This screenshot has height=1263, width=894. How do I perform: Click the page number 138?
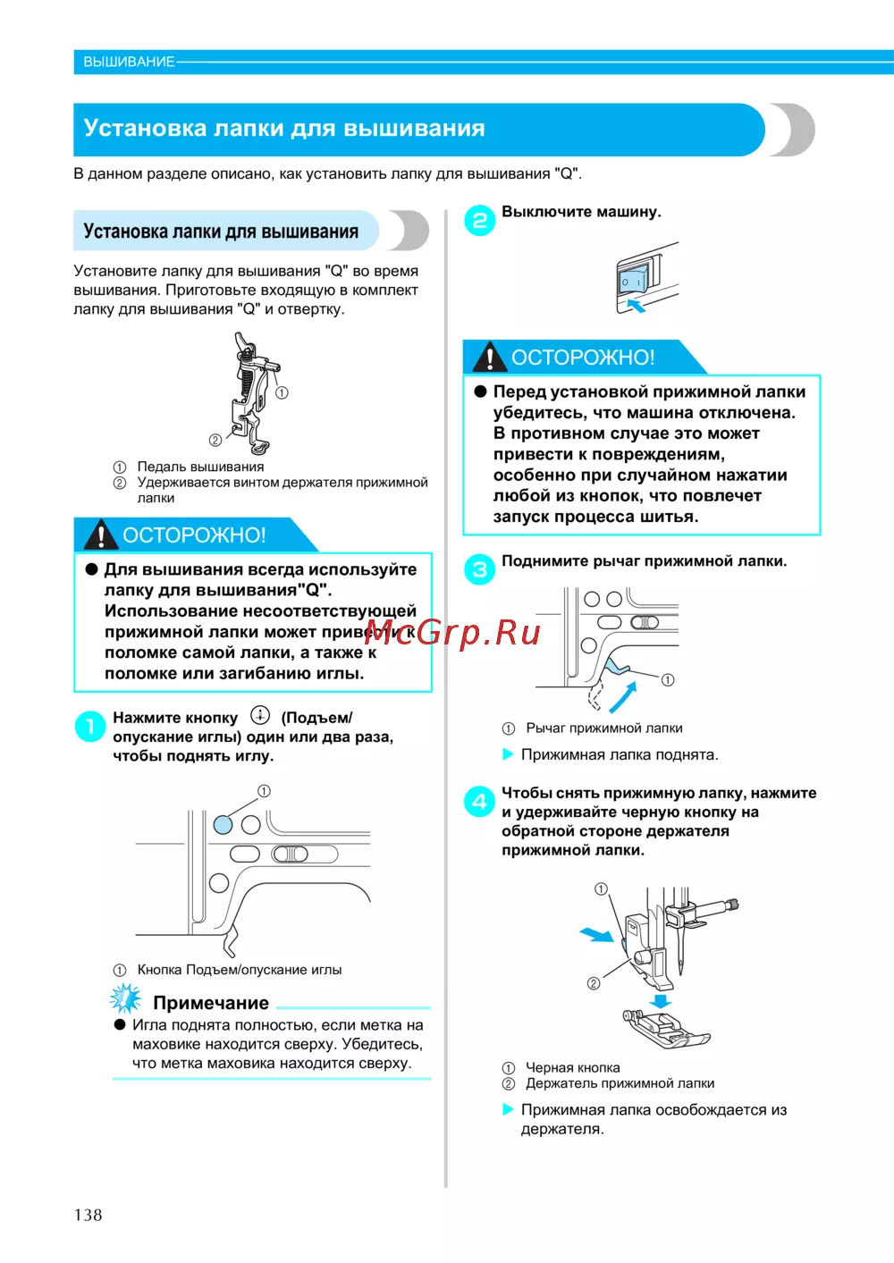tap(88, 1215)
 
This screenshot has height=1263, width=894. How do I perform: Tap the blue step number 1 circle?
tap(90, 727)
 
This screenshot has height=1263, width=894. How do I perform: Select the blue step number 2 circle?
tap(479, 221)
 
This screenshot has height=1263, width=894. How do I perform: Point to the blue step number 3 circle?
tap(479, 569)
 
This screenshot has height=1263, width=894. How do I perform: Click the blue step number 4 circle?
tap(479, 801)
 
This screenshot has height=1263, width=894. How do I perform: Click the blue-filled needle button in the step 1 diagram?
tap(223, 824)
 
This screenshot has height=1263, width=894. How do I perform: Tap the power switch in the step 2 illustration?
tap(633, 282)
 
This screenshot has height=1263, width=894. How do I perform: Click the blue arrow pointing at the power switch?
tap(635, 307)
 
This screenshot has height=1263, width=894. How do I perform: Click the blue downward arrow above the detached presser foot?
tap(660, 999)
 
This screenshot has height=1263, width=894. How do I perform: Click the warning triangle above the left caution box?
tap(100, 535)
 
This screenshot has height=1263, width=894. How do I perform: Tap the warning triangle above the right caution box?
tap(489, 357)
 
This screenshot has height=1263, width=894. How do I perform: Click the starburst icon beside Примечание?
tap(125, 998)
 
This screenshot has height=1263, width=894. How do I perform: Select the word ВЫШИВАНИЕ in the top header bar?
tap(129, 62)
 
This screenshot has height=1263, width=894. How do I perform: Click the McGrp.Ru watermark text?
tap(452, 633)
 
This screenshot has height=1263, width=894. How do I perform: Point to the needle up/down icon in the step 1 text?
tap(259, 715)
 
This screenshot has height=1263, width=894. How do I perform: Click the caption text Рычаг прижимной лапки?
tap(603, 728)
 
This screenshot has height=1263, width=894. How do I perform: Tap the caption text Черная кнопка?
tap(572, 1068)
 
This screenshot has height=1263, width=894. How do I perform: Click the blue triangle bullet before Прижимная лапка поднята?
tap(508, 754)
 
